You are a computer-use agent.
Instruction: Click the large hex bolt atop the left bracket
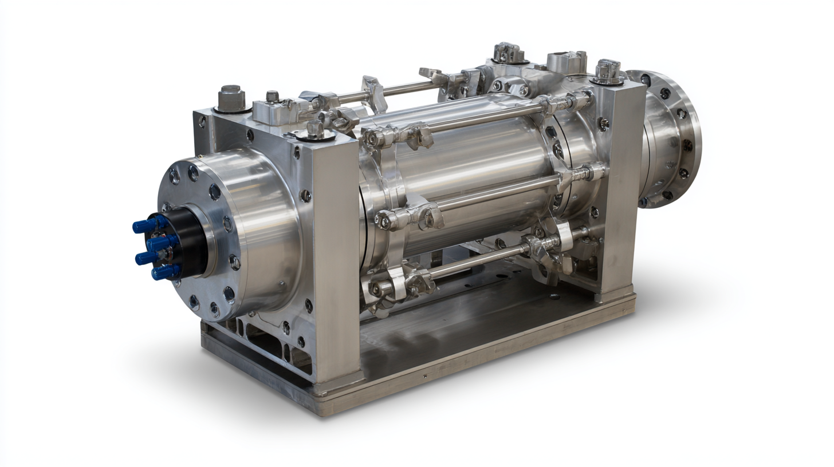tap(231, 98)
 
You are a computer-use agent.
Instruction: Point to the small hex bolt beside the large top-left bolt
tap(273, 96)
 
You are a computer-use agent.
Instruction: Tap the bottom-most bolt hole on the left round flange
tap(214, 309)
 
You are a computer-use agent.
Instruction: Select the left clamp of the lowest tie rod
tap(387, 286)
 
